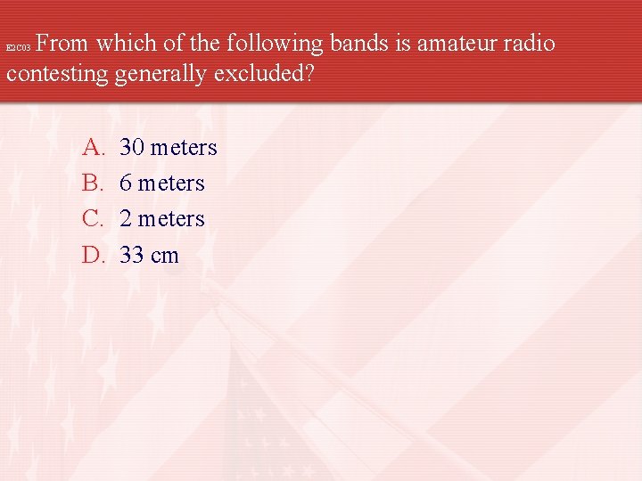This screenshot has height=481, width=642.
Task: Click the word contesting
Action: (57, 75)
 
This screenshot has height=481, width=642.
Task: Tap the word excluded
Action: (264, 75)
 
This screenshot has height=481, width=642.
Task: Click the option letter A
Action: (93, 147)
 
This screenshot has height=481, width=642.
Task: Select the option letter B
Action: (93, 183)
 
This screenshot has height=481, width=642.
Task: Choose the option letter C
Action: (93, 219)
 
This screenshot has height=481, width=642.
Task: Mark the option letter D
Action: (93, 256)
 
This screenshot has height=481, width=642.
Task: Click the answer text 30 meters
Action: (168, 147)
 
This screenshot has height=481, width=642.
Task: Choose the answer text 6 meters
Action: (161, 183)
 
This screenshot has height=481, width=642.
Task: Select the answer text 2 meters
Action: (161, 219)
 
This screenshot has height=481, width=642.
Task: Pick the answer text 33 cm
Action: (149, 256)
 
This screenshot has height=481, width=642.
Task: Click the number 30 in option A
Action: (132, 147)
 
